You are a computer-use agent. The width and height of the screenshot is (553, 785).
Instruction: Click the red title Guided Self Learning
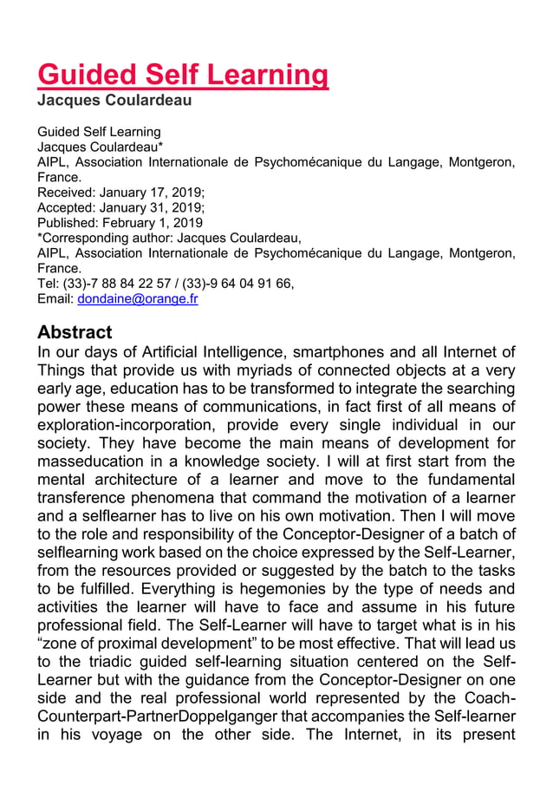183,75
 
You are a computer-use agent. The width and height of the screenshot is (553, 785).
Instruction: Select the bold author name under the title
114,101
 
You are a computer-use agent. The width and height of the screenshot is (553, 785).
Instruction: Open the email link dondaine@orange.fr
138,299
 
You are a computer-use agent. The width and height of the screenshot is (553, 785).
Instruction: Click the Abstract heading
75,332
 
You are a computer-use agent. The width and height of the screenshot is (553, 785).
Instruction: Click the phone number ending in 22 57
119,284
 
